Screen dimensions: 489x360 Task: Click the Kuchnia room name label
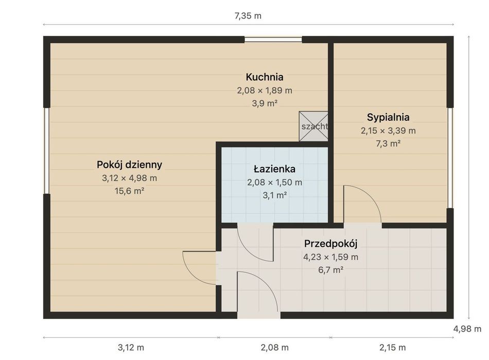(x=265, y=77)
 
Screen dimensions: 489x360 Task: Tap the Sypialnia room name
(x=388, y=117)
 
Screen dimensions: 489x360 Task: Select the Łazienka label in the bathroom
(x=274, y=169)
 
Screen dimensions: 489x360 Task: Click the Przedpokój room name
(x=330, y=244)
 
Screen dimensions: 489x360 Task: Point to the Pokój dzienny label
(x=129, y=165)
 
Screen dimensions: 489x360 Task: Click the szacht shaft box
(x=313, y=126)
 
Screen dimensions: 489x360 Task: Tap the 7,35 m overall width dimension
(x=248, y=16)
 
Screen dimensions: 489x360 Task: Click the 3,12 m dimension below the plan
(x=131, y=347)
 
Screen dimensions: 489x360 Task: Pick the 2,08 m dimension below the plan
(x=274, y=347)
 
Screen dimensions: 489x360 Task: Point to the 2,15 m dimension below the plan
(x=392, y=347)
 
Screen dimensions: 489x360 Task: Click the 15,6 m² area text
(x=129, y=191)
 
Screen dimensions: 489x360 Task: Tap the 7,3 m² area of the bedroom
(x=388, y=143)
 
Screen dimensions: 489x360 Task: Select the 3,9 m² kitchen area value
(x=265, y=103)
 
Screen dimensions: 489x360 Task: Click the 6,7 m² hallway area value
(x=331, y=270)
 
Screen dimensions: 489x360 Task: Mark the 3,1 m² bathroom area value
(x=275, y=195)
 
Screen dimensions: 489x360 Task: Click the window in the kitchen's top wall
(x=273, y=40)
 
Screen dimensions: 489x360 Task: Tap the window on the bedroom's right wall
(x=450, y=158)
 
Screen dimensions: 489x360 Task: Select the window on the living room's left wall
(x=47, y=151)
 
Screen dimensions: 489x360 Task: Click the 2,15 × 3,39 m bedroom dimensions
(x=388, y=131)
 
